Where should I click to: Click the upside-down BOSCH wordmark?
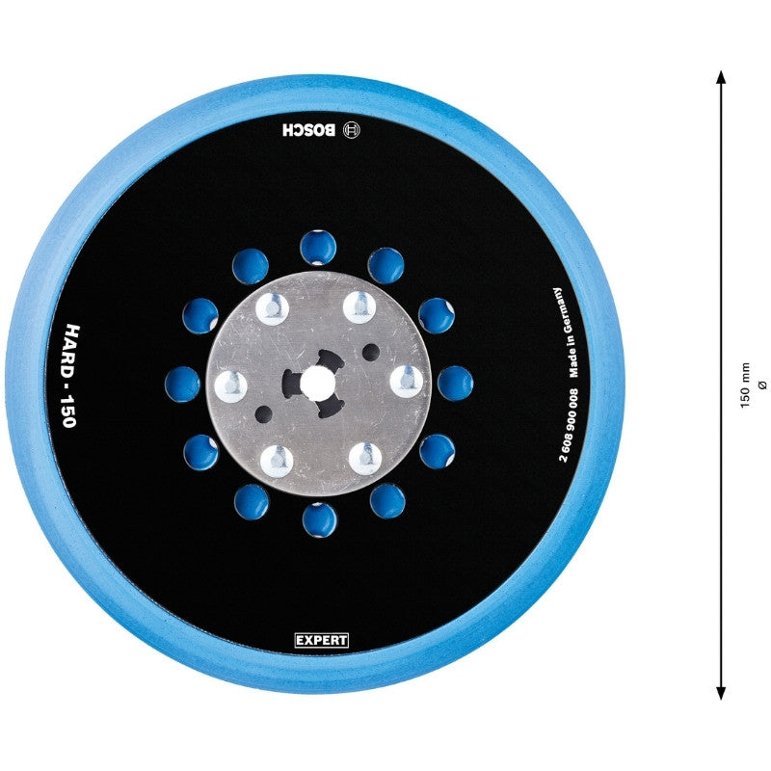tap(309, 130)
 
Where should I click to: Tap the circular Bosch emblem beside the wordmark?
tap(353, 130)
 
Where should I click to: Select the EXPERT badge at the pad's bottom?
tap(322, 640)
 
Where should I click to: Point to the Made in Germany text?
tap(567, 332)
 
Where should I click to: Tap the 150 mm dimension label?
tap(745, 385)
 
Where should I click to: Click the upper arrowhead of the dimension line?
tap(721, 78)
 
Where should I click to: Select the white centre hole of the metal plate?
tap(315, 382)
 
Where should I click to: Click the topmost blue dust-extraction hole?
tap(318, 247)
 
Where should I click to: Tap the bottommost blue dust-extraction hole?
tap(320, 519)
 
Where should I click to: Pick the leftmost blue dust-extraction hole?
tap(183, 384)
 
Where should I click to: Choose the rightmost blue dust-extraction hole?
tap(455, 384)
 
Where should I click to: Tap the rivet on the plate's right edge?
tap(407, 382)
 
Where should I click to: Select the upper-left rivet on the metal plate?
tap(272, 308)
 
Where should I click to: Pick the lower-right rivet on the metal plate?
tap(365, 459)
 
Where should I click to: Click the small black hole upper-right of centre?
tap(371, 352)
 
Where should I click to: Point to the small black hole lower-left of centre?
tap(263, 413)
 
